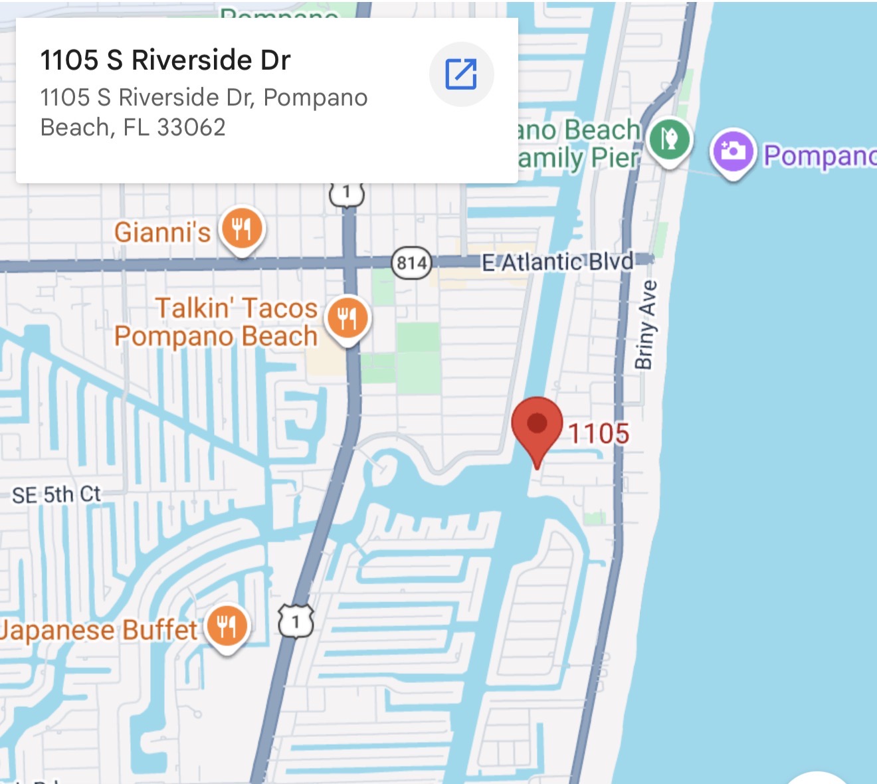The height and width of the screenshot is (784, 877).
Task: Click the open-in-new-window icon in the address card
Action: pos(461,74)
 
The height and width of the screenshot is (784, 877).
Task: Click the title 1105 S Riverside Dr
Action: pos(165,60)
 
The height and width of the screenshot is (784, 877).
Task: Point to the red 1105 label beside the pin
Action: pos(599,434)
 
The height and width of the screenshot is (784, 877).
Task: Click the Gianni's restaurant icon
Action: pos(242,229)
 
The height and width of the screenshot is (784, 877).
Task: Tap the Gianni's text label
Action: pos(162,233)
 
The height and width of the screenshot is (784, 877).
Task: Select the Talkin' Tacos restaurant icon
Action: pos(347,318)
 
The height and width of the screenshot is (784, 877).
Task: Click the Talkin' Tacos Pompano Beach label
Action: pos(216,322)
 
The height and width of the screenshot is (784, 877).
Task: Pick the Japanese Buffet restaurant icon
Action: pos(227,627)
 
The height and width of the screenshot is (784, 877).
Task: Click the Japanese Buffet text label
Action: pos(100,630)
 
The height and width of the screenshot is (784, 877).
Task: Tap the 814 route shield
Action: pos(411,263)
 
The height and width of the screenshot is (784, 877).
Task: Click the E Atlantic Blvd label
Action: pos(557,262)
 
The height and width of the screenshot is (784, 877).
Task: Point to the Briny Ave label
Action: pos(646,324)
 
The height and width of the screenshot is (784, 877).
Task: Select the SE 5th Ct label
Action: pos(56,494)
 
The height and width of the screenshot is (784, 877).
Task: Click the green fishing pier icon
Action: pos(670,140)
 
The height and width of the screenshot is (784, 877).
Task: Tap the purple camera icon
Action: pos(733,151)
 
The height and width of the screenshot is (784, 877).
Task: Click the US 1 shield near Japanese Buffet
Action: pos(296,622)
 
